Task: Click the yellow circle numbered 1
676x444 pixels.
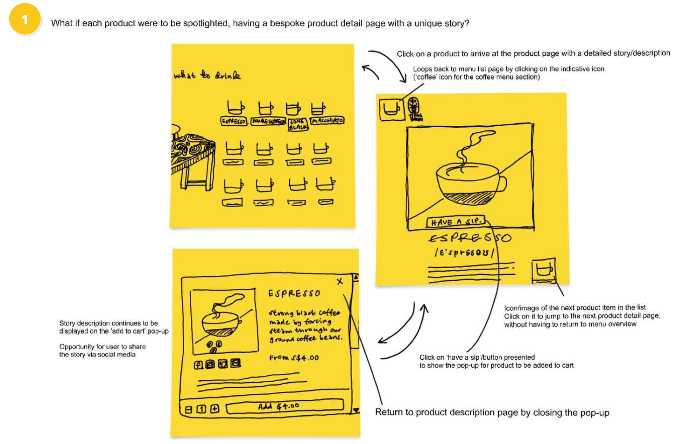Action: (25, 19)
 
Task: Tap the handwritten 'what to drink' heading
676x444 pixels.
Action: (207, 75)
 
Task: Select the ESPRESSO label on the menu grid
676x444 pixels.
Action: (234, 121)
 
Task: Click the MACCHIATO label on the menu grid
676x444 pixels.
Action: (327, 121)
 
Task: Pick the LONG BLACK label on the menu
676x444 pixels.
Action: (298, 124)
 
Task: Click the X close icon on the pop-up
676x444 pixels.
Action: (340, 281)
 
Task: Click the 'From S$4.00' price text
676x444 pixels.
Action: (294, 358)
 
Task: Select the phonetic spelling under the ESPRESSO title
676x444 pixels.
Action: (464, 253)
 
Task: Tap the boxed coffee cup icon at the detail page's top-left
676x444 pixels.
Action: (392, 109)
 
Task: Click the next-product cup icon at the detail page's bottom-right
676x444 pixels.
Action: (544, 270)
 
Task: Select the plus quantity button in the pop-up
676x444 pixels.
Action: (215, 409)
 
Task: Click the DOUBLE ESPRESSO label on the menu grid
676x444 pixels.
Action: (268, 121)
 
